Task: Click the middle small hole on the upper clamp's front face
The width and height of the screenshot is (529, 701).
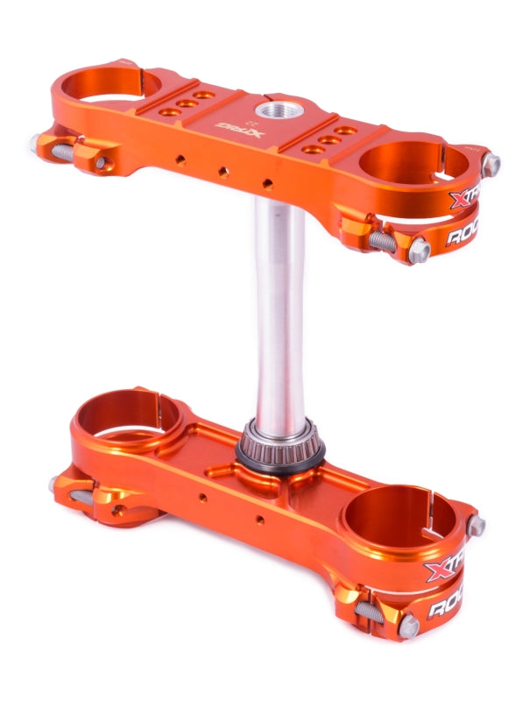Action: pos(223,172)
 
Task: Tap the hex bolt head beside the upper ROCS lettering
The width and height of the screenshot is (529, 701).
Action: pos(419,251)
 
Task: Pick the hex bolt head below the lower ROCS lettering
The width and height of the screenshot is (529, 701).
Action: pos(409,626)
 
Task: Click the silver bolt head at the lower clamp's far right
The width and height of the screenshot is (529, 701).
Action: pos(476,526)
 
